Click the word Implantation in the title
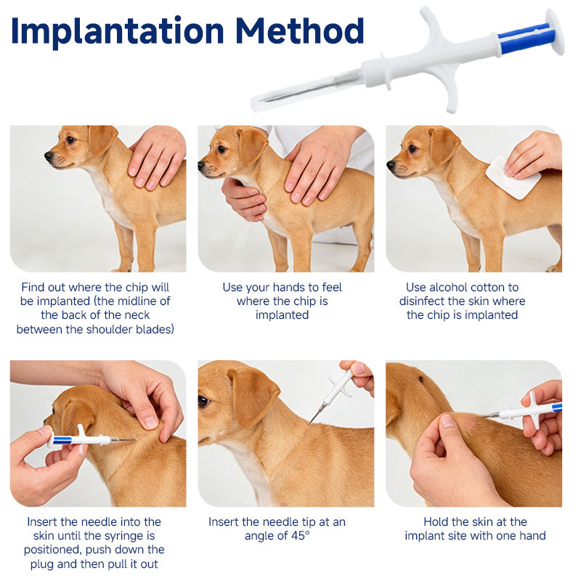point(118,31)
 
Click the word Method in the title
point(300,30)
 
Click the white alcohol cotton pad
point(513,177)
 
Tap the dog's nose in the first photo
point(49,156)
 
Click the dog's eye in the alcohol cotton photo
point(413,149)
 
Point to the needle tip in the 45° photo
point(310,423)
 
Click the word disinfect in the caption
point(421,301)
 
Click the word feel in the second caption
point(332,287)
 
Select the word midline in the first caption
point(139,301)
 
